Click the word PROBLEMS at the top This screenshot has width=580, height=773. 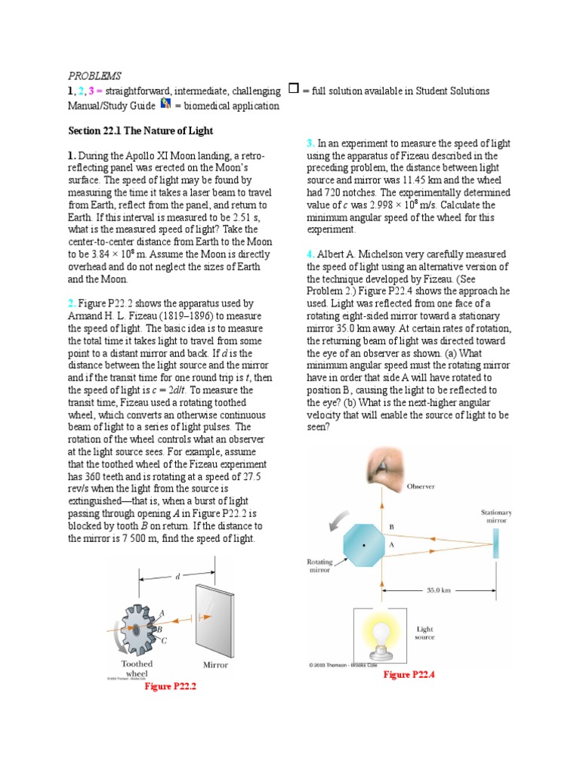coord(94,75)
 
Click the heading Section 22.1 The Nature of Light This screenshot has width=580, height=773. coord(140,131)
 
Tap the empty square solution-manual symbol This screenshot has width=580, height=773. coord(293,89)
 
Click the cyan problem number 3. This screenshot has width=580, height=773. coord(310,143)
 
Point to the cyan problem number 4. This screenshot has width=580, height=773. coord(310,254)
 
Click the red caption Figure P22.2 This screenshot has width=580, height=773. coord(174,686)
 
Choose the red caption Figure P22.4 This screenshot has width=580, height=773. coord(409,674)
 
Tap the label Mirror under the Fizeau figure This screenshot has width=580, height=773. coord(215,665)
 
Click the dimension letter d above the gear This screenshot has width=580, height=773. coord(177,577)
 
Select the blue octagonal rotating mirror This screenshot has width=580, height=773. coord(365,544)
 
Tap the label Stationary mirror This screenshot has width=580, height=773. coord(496,516)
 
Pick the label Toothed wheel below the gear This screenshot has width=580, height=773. coord(137,669)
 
